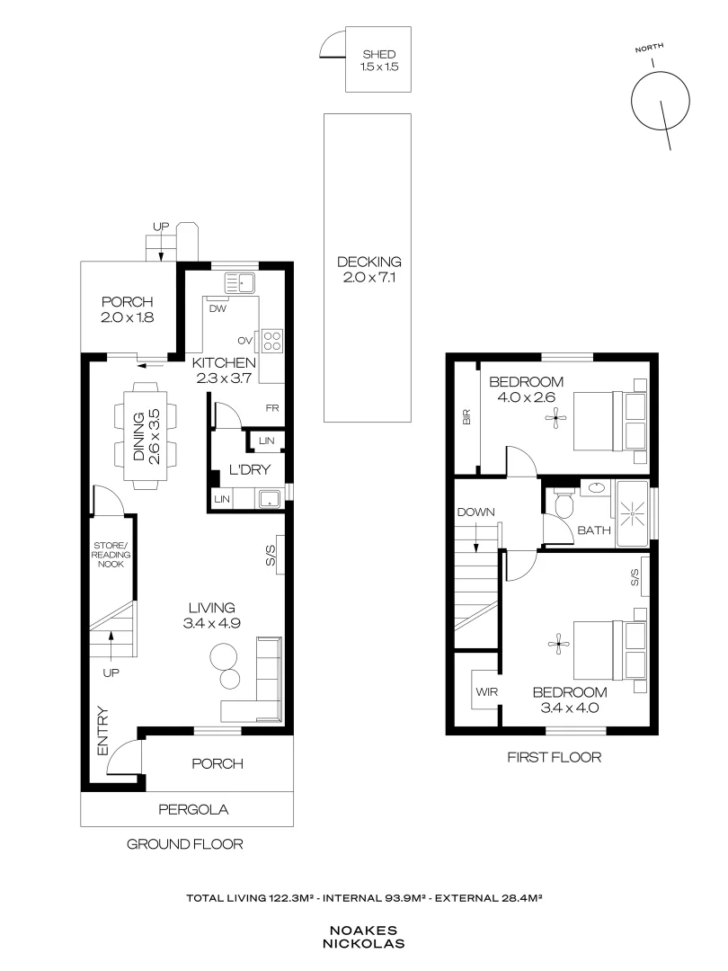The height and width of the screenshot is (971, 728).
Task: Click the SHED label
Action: click(379, 55)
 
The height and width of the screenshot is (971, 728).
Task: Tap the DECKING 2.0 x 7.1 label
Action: click(369, 270)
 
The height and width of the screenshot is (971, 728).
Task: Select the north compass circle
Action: click(660, 101)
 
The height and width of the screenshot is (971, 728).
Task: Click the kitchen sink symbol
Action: click(241, 282)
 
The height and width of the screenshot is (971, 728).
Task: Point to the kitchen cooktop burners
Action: click(272, 340)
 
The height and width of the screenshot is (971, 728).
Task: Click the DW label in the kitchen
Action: click(218, 308)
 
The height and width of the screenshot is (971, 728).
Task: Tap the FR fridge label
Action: click(271, 408)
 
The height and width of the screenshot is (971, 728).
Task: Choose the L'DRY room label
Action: click(250, 469)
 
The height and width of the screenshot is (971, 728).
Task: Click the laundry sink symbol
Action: click(270, 498)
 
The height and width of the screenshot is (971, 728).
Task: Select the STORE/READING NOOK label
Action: click(111, 555)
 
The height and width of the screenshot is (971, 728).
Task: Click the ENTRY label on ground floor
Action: click(102, 731)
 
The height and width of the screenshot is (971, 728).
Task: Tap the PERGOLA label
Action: click(193, 809)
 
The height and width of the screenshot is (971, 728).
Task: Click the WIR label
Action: click(486, 691)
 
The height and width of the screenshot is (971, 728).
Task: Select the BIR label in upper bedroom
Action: click(466, 417)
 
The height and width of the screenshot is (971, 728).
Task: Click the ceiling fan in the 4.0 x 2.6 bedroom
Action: click(555, 419)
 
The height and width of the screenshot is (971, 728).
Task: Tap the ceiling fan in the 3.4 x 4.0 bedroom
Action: click(558, 645)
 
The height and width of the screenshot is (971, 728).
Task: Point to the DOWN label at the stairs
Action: click(476, 512)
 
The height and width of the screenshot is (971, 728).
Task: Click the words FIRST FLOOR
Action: click(554, 757)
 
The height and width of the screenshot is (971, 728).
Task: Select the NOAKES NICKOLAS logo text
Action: click(363, 937)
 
